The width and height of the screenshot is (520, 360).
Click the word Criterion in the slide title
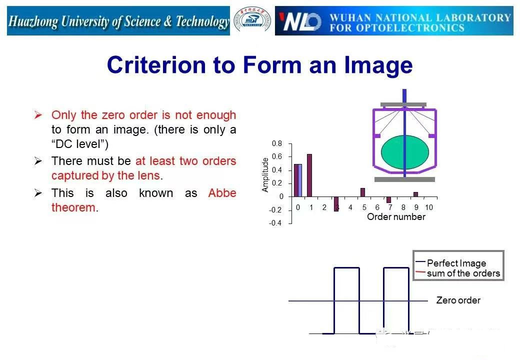[156, 64]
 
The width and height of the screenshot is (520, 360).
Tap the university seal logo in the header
[252, 20]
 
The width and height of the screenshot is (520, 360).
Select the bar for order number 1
[309, 175]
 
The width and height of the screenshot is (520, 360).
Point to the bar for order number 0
[298, 180]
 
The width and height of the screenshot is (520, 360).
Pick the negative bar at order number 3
[336, 204]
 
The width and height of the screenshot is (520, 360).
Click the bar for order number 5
[363, 192]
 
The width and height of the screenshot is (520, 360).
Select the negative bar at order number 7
[388, 200]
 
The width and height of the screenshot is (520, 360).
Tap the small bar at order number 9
[415, 194]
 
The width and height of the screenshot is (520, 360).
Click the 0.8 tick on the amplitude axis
[277, 143]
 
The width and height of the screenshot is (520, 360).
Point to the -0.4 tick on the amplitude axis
[275, 223]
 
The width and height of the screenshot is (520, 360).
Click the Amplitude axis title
[265, 174]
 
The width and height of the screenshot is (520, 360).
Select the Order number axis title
[396, 217]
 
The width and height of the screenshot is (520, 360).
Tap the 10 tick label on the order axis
[429, 207]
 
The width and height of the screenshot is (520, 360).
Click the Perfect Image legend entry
[451, 263]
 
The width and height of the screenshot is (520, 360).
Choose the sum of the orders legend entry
[458, 273]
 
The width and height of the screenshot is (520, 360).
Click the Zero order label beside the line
[458, 300]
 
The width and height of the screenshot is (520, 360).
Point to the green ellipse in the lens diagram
[405, 152]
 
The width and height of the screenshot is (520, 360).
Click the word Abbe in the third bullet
[222, 193]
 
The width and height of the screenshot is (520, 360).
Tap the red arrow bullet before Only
[38, 115]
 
